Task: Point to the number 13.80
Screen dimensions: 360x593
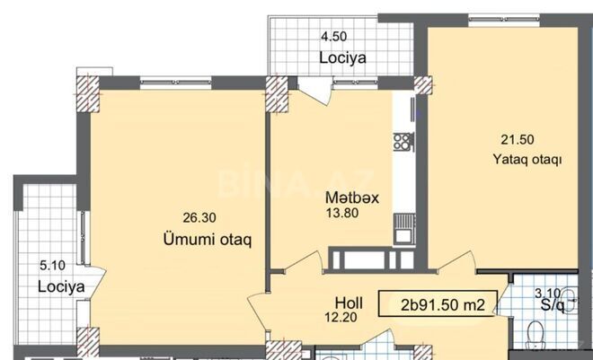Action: (x=342, y=214)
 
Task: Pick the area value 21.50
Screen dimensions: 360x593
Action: (x=517, y=139)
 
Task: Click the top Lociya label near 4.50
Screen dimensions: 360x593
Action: (x=344, y=57)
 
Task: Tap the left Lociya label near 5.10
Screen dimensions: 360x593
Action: (x=60, y=286)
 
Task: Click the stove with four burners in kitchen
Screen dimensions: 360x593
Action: (x=403, y=142)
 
